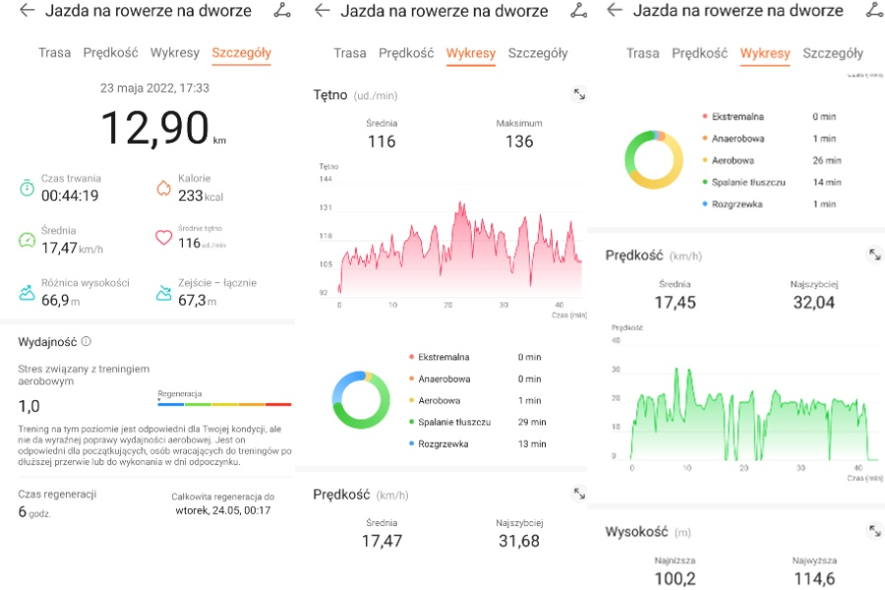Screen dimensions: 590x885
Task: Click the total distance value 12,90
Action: tap(154, 128)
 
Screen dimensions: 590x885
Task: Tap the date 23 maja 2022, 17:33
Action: tap(154, 88)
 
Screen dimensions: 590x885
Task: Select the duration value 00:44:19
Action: tap(69, 196)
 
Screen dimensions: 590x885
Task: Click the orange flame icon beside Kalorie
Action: tap(164, 187)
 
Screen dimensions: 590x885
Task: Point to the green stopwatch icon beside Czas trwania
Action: tap(27, 187)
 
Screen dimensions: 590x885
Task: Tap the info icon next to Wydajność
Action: tap(87, 341)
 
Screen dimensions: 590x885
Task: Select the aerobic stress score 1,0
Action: tap(29, 405)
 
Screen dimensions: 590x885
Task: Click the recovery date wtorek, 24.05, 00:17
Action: tap(223, 510)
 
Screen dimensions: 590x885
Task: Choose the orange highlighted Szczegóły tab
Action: tap(241, 52)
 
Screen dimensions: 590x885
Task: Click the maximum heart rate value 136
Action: tap(519, 142)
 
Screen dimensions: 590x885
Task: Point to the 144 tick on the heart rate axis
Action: tap(326, 179)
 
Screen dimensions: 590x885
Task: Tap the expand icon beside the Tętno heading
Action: tap(579, 94)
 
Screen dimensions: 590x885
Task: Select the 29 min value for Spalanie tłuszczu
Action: tap(531, 422)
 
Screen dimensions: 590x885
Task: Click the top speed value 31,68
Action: tap(519, 540)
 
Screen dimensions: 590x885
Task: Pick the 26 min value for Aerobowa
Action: tap(827, 160)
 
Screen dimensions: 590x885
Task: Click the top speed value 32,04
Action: tap(813, 302)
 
